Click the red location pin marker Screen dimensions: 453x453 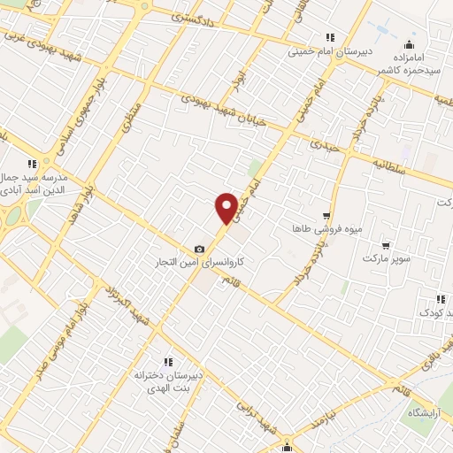(226, 208)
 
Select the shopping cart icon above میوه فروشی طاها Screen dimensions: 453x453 (326, 216)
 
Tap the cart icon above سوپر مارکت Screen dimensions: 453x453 (386, 244)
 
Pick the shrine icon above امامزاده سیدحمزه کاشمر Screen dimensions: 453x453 (408, 45)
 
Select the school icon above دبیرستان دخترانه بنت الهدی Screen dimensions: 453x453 (169, 361)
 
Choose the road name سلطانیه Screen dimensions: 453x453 (388, 165)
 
